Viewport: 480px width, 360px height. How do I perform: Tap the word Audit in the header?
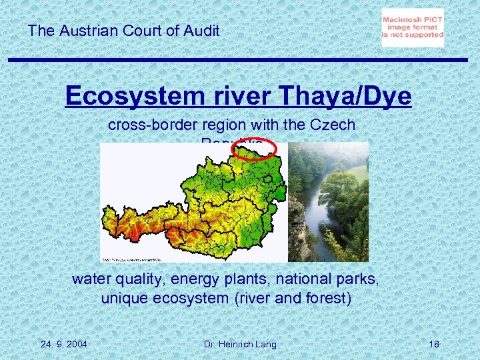201,30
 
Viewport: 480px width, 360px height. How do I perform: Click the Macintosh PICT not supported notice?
413,28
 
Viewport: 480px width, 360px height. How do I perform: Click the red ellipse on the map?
256,151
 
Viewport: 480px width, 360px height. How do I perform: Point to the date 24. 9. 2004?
63,344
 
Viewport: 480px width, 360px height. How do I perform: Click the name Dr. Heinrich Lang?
240,344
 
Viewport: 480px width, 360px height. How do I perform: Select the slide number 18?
434,344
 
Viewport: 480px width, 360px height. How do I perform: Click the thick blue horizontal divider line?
240,59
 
